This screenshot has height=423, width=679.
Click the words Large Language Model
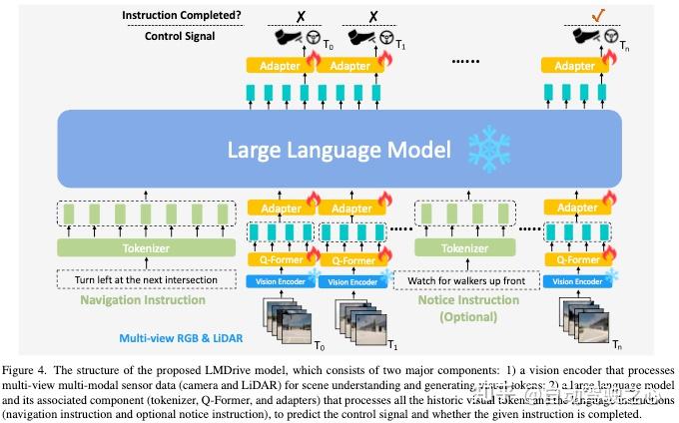pyautogui.click(x=339, y=150)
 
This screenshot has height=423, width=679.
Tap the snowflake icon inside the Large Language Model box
pyautogui.click(x=489, y=150)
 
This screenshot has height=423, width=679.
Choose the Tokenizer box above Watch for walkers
pyautogui.click(x=464, y=247)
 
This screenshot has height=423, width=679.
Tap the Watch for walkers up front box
pyautogui.click(x=464, y=281)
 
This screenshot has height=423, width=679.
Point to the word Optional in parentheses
pyautogui.click(x=464, y=317)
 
